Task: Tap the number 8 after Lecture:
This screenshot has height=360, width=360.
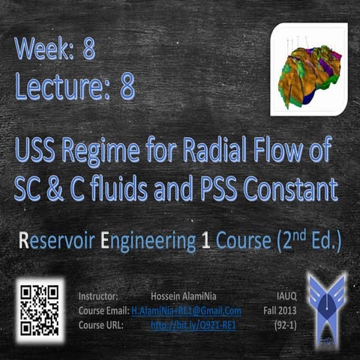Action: click(x=127, y=87)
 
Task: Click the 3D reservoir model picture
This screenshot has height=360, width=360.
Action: click(x=309, y=70)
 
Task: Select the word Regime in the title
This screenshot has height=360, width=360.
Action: click(x=109, y=155)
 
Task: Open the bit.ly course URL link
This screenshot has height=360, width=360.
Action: click(x=193, y=324)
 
